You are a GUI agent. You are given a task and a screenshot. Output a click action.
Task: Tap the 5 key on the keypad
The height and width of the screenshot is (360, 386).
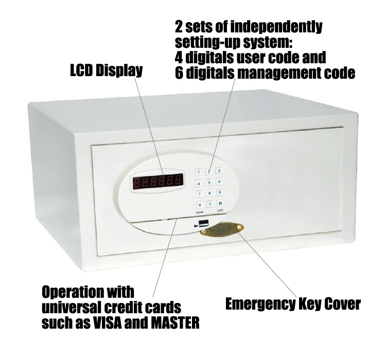(x=209, y=182)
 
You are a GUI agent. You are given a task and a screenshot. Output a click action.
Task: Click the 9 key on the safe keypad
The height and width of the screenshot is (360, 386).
(x=219, y=192)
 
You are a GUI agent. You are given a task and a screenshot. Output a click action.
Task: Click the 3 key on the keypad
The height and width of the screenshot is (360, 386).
(x=219, y=171)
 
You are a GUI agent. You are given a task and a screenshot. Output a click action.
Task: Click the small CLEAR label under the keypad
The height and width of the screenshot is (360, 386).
(x=199, y=212)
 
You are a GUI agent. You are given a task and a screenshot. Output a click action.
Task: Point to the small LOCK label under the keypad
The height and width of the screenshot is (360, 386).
(x=220, y=212)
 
